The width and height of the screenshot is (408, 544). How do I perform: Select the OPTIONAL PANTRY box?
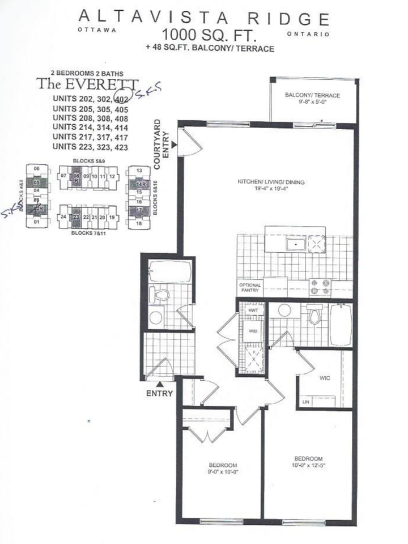pos(249,287)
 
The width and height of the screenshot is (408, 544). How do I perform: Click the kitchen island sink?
pos(296,244)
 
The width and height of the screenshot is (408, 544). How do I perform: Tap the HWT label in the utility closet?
pos(253,311)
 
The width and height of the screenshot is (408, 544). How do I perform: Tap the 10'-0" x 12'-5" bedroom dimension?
pos(308,466)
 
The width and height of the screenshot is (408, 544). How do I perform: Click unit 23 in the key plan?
pos(75,217)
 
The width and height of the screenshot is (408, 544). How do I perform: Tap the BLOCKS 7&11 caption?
pos(88,233)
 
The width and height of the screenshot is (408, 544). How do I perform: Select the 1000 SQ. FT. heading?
pos(210,35)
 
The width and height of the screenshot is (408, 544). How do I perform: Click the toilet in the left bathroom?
pos(159,294)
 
